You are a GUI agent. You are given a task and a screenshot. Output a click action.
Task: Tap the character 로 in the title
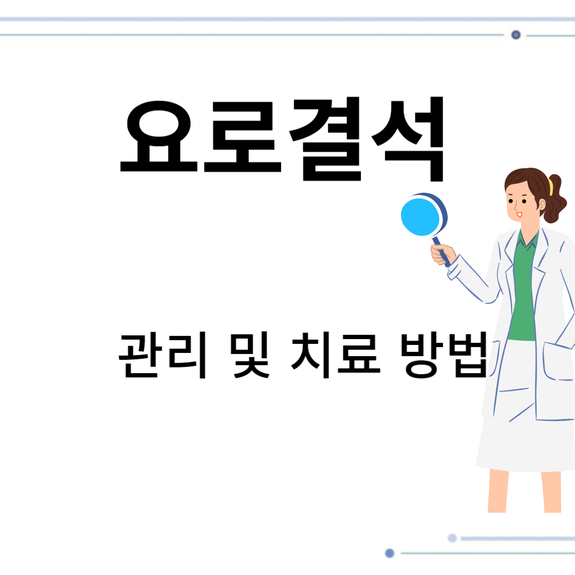[x=242, y=137]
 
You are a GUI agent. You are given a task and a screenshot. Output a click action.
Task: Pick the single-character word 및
[x=250, y=355]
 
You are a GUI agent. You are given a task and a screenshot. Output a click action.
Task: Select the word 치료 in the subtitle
[x=335, y=355]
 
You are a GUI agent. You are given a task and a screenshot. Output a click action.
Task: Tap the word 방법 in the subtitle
[x=445, y=355]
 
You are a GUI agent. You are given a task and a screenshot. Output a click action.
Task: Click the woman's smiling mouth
[x=519, y=214]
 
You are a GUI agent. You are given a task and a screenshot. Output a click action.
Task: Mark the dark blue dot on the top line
[x=515, y=35]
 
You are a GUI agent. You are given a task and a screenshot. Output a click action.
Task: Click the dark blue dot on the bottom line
[x=390, y=553]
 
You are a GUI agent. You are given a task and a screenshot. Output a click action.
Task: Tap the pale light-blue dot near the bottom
[x=452, y=538]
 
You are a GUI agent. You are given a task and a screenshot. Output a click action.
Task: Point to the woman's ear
[x=542, y=204]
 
